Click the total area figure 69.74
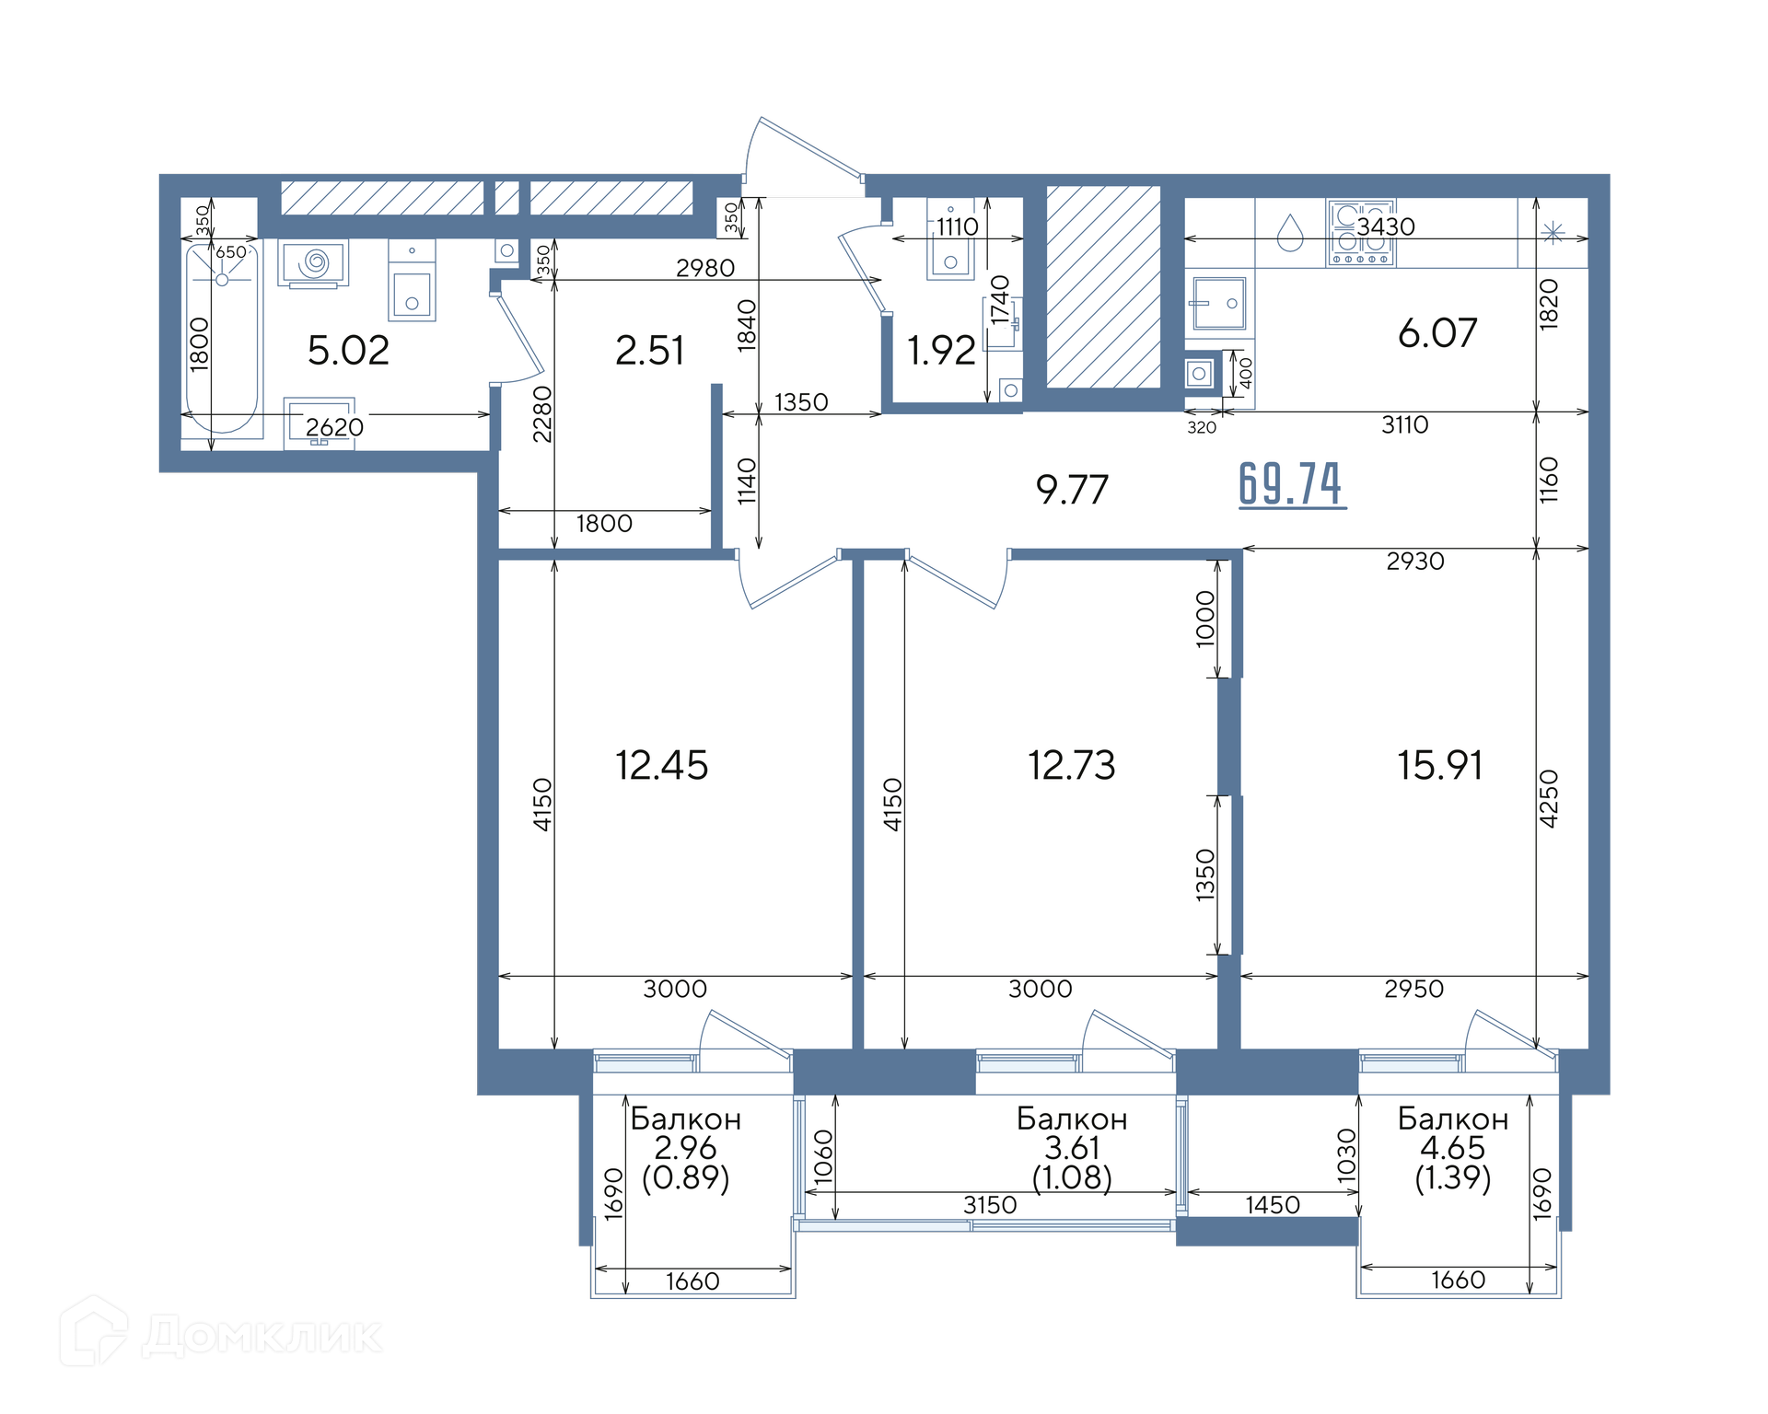[1291, 484]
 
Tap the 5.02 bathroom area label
[348, 351]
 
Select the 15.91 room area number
[1439, 765]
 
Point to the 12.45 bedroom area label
[661, 765]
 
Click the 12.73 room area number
[1071, 765]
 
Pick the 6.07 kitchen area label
[1437, 333]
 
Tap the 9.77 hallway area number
[1072, 490]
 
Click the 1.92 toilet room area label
[940, 351]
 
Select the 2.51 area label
[649, 351]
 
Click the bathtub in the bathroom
[222, 337]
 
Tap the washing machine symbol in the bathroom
[313, 263]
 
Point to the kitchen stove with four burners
[1361, 234]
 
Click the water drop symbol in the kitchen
[1290, 233]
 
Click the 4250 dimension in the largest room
[1548, 798]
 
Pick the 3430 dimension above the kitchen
[1386, 226]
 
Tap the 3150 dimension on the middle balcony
[990, 1205]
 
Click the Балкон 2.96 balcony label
[685, 1148]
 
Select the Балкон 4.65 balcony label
[1452, 1148]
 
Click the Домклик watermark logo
[221, 1331]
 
